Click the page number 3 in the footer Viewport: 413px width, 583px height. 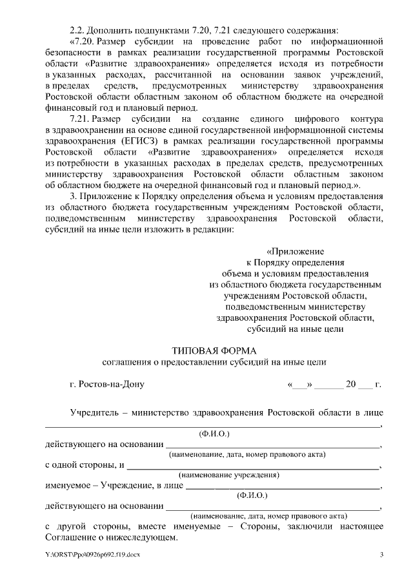pyautogui.click(x=381, y=555)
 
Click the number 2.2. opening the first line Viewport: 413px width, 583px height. pyautogui.click(x=77, y=30)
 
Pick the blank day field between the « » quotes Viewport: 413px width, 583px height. pyautogui.click(x=299, y=385)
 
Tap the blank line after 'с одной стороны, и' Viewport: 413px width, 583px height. pyautogui.click(x=252, y=466)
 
